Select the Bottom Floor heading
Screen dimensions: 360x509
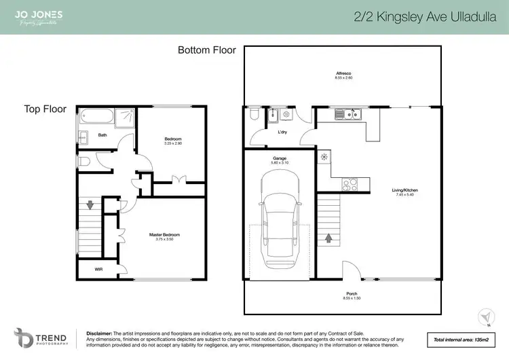tap(207, 50)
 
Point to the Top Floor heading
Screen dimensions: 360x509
tap(45, 109)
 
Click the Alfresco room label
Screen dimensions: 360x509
tap(343, 73)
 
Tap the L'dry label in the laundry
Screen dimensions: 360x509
tap(285, 132)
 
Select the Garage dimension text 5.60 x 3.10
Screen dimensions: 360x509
tap(280, 163)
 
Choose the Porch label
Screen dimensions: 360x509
tap(343, 294)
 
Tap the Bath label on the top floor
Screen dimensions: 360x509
tap(102, 134)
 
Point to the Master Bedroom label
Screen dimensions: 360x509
tap(164, 235)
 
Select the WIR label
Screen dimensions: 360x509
tap(100, 270)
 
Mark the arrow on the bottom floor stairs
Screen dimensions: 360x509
tap(330, 238)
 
